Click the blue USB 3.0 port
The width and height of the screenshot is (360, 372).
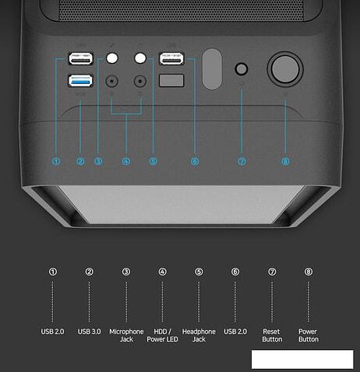coord(81,79)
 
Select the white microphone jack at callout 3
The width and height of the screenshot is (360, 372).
coord(115,58)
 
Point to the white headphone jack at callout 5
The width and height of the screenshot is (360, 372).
coord(141,58)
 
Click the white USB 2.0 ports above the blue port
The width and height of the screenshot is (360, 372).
coord(81,58)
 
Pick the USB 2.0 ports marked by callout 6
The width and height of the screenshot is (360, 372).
coord(172,58)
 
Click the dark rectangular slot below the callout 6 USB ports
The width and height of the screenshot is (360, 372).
coord(171,80)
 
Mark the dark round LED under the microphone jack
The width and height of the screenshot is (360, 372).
coord(115,80)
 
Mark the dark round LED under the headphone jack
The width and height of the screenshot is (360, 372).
coord(141,80)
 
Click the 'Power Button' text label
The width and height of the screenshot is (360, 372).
coord(308,335)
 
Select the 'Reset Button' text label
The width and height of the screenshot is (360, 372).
coord(272,335)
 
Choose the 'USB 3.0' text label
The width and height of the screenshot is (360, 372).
coord(90,332)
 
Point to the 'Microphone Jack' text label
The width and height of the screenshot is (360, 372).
coord(126,335)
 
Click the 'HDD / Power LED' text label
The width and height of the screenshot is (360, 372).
coord(162,335)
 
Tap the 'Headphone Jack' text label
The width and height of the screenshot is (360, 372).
coord(199,335)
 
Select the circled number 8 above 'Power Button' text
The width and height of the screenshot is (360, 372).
coord(308,272)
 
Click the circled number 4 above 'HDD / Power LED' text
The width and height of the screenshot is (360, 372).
coord(162,272)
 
